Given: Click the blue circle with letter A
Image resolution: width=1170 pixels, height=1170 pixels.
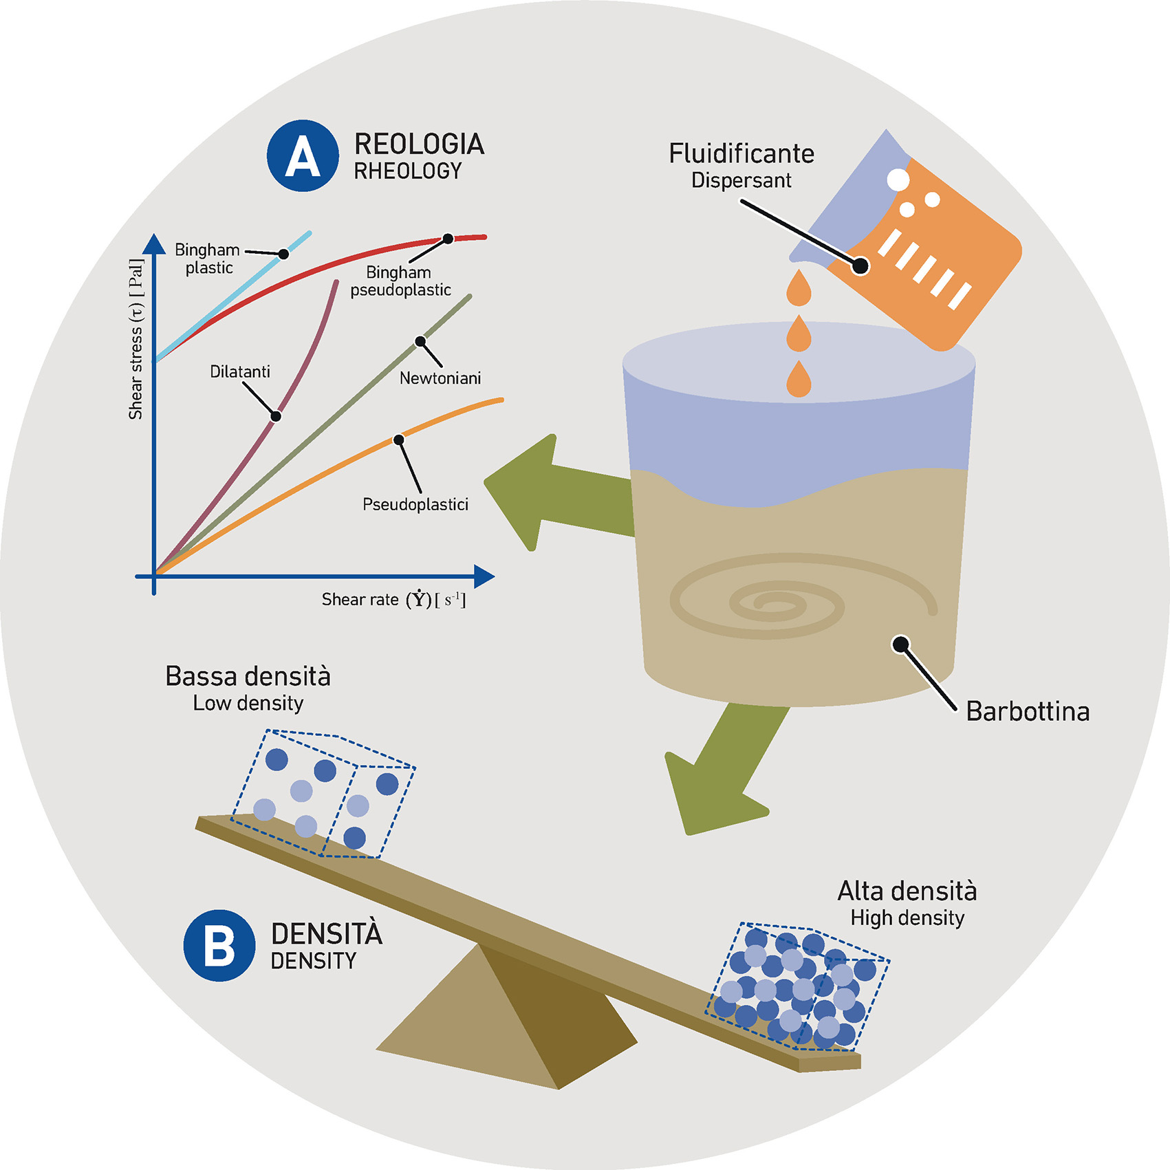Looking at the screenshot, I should [x=303, y=155].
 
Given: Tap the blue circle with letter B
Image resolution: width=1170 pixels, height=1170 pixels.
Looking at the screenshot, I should [x=219, y=945].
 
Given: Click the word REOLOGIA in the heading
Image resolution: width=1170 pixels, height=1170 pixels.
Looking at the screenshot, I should [x=419, y=144].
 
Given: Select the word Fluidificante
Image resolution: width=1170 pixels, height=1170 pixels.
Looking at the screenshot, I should [x=741, y=153].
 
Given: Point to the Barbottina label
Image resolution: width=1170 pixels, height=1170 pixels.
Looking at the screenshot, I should [x=1028, y=711].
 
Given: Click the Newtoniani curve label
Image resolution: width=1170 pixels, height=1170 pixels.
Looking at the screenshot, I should [x=440, y=378].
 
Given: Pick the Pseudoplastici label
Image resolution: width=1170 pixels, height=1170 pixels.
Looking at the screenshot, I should [x=415, y=505].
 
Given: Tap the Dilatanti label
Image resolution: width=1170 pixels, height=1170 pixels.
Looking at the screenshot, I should [x=240, y=372].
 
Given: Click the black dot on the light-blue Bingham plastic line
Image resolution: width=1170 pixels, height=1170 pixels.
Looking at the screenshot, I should [x=283, y=254].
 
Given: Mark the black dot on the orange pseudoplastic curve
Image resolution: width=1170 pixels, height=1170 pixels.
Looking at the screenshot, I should [x=398, y=440].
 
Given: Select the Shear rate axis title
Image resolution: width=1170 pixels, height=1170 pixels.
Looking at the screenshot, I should [x=393, y=600].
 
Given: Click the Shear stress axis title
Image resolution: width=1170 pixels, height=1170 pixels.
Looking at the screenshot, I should [x=136, y=339].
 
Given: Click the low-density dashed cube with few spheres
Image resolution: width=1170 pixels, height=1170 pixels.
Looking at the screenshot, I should [x=323, y=794].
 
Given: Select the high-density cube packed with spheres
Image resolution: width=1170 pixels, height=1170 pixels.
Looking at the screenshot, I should [x=798, y=987].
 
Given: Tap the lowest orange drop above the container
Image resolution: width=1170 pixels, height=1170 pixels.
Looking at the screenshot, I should [x=799, y=380].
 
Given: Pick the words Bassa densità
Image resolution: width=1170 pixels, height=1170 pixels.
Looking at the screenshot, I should [x=248, y=677].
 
